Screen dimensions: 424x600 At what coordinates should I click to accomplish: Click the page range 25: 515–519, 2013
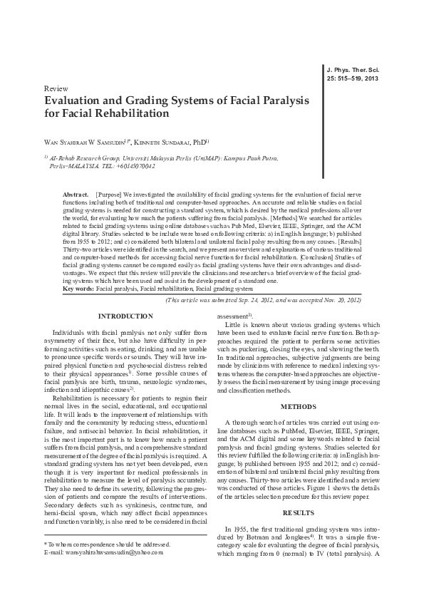[353, 79]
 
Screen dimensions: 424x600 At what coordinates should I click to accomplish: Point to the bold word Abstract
[75, 195]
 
